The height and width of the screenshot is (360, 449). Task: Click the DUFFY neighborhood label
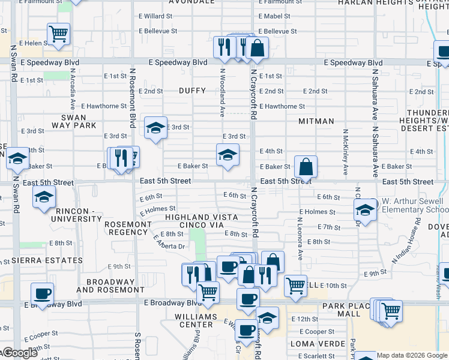[x=192, y=91]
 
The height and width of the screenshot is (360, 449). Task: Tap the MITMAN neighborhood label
[x=316, y=121]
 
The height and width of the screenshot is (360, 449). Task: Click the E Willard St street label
[x=154, y=16]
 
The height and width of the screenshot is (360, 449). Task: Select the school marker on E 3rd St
[x=155, y=128]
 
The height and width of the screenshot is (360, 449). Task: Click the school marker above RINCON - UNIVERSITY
[x=44, y=197]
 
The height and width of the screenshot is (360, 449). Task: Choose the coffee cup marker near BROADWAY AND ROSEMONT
[x=42, y=294]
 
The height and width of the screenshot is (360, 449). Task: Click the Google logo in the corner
[x=19, y=353]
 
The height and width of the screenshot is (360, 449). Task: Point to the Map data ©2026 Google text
[x=412, y=355]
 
